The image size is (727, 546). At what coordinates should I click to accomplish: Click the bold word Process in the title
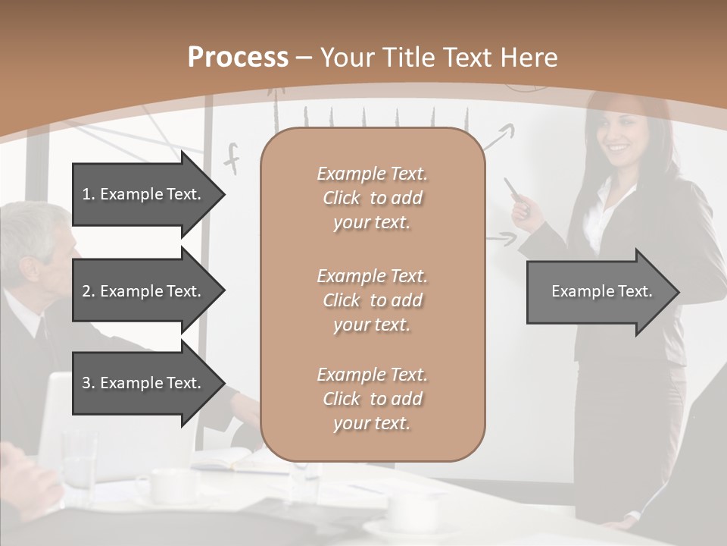[x=238, y=58]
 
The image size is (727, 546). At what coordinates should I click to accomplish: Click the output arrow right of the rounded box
[x=602, y=291]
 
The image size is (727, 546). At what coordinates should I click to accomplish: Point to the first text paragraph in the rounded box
[x=372, y=198]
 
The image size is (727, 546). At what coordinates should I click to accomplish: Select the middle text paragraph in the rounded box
[x=372, y=300]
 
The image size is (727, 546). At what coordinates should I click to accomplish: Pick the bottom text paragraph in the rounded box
[x=372, y=399]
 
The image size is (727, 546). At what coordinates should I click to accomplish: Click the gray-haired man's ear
[x=30, y=268]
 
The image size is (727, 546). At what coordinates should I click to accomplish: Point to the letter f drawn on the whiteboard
[x=232, y=158]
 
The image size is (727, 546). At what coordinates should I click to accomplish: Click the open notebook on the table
[x=227, y=460]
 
